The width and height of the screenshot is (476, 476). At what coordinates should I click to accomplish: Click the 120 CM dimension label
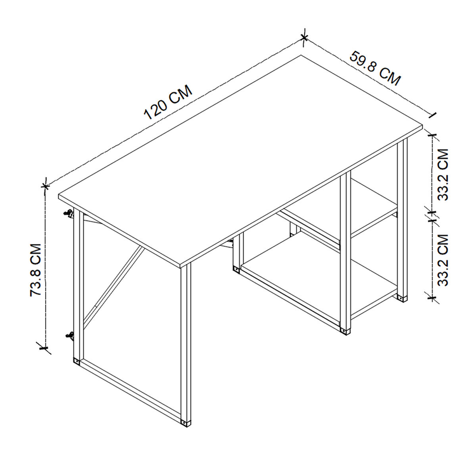168,102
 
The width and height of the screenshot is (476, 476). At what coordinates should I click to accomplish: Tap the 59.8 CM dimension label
375,68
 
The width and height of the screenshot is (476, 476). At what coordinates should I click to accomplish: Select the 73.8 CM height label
36,270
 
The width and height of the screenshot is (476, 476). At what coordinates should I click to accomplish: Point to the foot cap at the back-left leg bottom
76,361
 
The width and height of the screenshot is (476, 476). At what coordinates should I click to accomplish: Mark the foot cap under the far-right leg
403,297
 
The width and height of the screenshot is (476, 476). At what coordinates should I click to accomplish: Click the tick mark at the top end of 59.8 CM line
304,38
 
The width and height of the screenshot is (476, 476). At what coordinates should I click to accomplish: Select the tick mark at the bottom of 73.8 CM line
44,347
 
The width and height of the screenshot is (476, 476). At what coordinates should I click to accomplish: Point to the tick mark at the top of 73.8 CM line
46,185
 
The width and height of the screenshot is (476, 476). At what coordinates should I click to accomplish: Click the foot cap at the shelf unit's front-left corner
237,270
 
